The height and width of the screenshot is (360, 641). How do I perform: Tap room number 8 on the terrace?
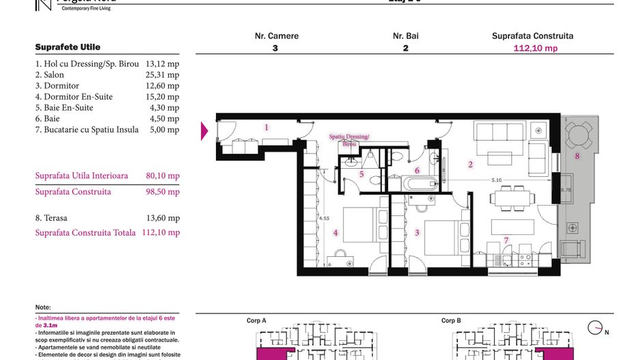pyautogui.click(x=577, y=156)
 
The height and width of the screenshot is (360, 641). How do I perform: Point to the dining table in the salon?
pyautogui.click(x=511, y=199)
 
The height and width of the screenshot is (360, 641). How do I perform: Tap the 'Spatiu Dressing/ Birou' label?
pyautogui.click(x=349, y=141)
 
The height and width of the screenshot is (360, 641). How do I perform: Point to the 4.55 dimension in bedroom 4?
pyautogui.click(x=325, y=219)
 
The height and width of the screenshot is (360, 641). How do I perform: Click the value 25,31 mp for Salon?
pyautogui.click(x=163, y=75)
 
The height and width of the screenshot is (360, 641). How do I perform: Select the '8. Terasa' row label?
pyautogui.click(x=51, y=219)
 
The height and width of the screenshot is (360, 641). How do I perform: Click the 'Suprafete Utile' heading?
pyautogui.click(x=68, y=47)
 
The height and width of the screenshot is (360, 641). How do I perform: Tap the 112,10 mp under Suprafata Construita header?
pyautogui.click(x=535, y=49)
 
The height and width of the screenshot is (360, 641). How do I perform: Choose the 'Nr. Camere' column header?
pyautogui.click(x=276, y=36)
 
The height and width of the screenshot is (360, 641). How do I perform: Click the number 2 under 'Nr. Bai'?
pyautogui.click(x=405, y=49)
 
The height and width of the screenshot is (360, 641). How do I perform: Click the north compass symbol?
pyautogui.click(x=595, y=328)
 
